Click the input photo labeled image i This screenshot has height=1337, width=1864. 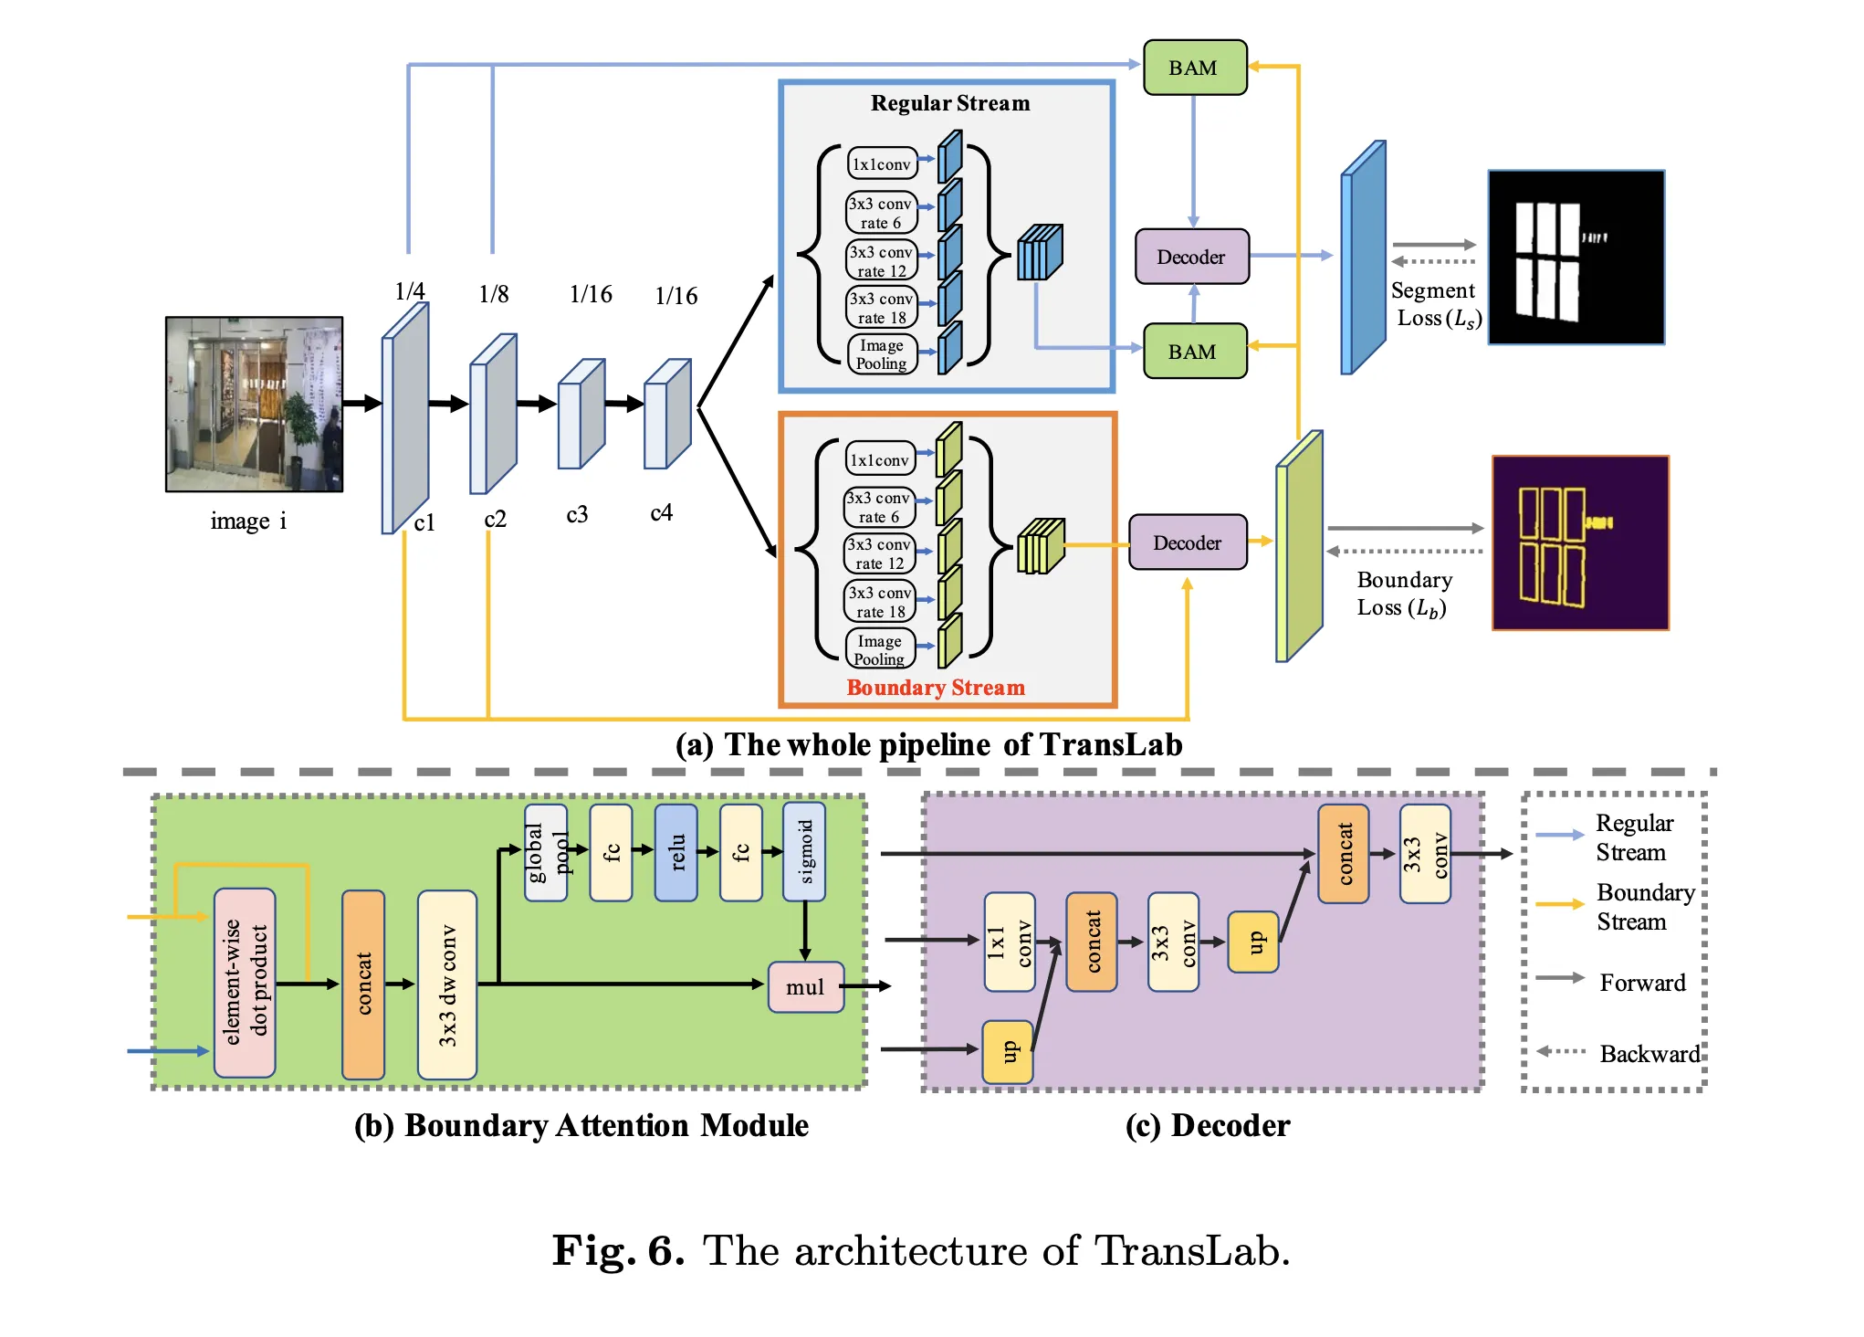[254, 405]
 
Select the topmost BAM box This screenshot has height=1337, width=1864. [1194, 68]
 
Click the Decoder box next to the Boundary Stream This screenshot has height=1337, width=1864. [1187, 542]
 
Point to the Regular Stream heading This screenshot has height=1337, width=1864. [949, 103]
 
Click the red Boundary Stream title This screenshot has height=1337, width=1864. [935, 688]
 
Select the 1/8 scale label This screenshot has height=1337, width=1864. [493, 294]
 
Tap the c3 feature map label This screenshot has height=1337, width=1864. [577, 514]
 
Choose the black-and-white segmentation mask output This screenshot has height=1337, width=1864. [1576, 258]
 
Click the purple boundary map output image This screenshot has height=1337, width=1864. [1580, 543]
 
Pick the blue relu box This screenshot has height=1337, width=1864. [676, 852]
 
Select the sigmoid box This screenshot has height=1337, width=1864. [804, 851]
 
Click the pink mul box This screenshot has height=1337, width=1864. [805, 987]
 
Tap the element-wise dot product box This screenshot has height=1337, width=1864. [245, 983]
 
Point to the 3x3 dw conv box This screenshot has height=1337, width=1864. [447, 984]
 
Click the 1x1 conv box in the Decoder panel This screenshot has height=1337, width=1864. [1009, 942]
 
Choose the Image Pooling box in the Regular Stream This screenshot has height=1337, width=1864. [881, 354]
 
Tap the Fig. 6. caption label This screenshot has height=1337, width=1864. [618, 1250]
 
